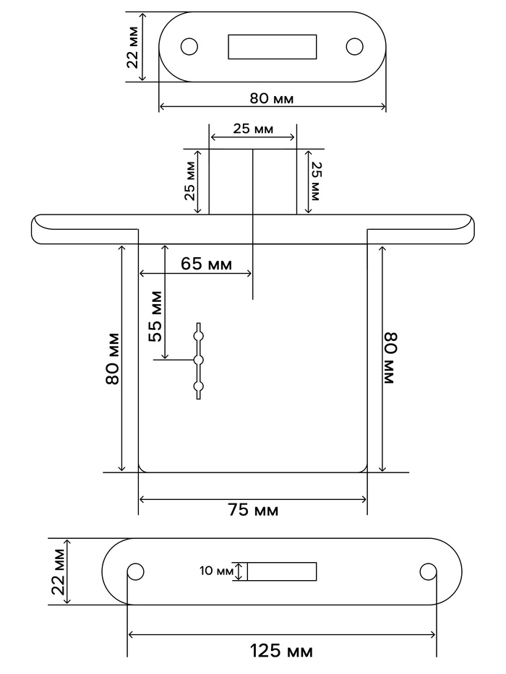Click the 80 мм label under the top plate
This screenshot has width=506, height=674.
click(272, 98)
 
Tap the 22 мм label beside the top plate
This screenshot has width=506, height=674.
click(133, 47)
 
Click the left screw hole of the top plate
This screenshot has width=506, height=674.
click(189, 46)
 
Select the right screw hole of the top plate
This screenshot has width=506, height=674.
click(354, 46)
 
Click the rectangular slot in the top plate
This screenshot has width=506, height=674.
click(273, 46)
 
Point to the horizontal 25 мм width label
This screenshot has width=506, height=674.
click(253, 129)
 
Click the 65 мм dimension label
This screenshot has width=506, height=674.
click(206, 264)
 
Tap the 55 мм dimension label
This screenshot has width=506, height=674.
click(155, 316)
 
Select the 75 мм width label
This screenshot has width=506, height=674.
click(253, 510)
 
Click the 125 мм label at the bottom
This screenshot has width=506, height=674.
click(281, 651)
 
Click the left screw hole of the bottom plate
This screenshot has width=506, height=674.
click(136, 571)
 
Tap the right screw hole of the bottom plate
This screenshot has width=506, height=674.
click(428, 571)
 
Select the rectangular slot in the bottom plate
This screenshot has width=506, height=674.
click(282, 571)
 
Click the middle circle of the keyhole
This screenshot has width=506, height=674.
click(198, 360)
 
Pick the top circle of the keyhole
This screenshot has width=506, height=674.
click(198, 335)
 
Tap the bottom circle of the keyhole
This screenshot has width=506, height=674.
click(198, 386)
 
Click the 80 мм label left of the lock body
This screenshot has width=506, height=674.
click(112, 358)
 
